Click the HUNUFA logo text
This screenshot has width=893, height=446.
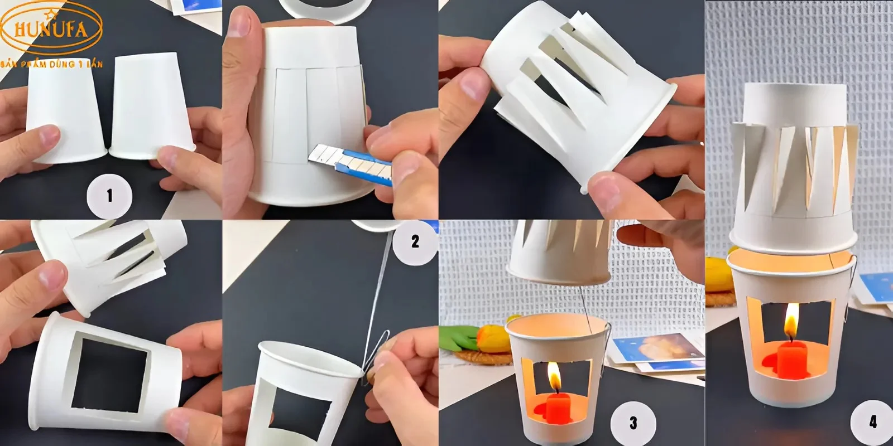click(x=51, y=29)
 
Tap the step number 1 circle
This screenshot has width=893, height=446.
click(x=109, y=196)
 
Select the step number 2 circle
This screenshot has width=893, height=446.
click(x=415, y=241)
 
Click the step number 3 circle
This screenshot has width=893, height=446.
click(x=633, y=423)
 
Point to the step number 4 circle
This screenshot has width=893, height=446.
click(x=872, y=422)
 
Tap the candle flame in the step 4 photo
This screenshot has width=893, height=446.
click(x=791, y=326)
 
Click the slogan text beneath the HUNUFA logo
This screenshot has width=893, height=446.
click(x=51, y=64)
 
